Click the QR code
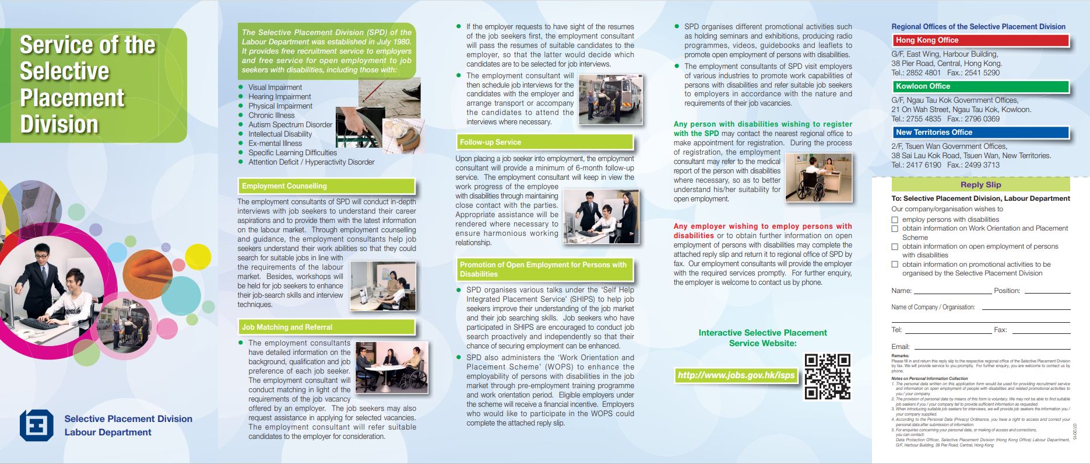pyautogui.click(x=827, y=376)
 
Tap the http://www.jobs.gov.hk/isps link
pyautogui.click(x=736, y=375)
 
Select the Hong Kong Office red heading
pyautogui.click(x=981, y=40)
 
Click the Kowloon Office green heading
pyautogui.click(x=981, y=86)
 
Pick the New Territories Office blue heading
pyautogui.click(x=981, y=132)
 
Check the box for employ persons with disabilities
pyautogui.click(x=895, y=220)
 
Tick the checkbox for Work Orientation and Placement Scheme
pyautogui.click(x=895, y=229)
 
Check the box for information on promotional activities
pyautogui.click(x=895, y=264)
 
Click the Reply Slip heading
pyautogui.click(x=980, y=184)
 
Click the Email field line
pyautogui.click(x=991, y=347)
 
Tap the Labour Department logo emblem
pyautogui.click(x=37, y=425)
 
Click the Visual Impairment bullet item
pyautogui.click(x=275, y=88)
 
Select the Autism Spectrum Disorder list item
pyautogui.click(x=290, y=125)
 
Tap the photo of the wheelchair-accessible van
pyautogui.click(x=610, y=99)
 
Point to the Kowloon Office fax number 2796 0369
pyautogui.click(x=982, y=119)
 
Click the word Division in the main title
pyautogui.click(x=59, y=124)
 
